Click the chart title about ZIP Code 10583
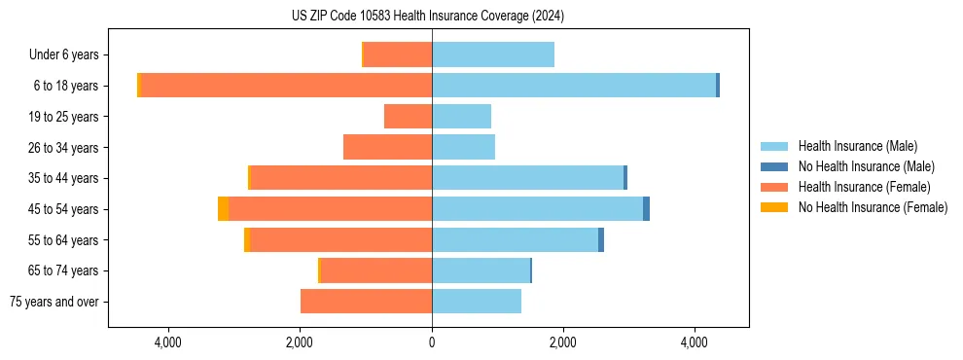coord(428,17)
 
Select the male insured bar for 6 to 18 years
coord(574,86)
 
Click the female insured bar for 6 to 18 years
coord(287,86)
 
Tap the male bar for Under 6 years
coord(493,54)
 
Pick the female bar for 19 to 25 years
coord(408,117)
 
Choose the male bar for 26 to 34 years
coord(463,147)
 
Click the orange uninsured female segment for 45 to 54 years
coord(223,209)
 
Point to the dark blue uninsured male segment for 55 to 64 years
coord(601,240)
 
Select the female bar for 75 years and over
coord(366,302)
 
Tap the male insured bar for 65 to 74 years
coord(481,270)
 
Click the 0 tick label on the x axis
coord(432,343)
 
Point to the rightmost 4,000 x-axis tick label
coord(695,343)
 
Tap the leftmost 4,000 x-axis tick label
coord(168,343)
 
